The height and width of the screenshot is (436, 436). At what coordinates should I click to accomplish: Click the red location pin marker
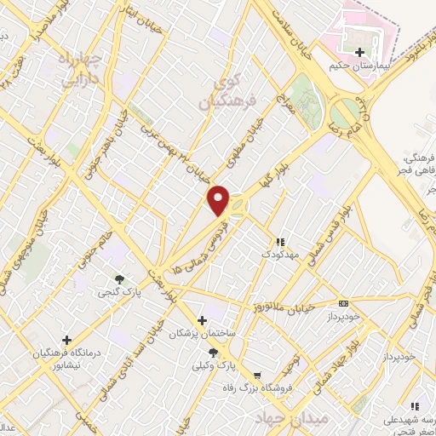coord(220,201)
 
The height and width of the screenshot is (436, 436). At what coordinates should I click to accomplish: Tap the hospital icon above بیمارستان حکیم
coord(360,53)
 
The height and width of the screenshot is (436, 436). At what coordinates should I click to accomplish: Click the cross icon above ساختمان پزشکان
coord(202,320)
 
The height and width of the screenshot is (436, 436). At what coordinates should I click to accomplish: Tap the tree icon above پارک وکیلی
coord(213,352)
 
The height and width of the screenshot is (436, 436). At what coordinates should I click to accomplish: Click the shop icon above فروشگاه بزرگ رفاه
coord(256,374)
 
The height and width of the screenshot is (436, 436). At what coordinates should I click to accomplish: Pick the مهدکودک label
coord(282,255)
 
